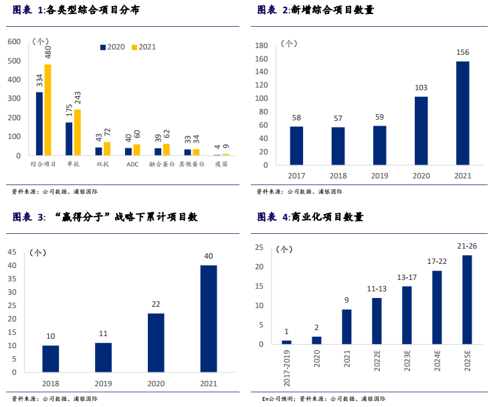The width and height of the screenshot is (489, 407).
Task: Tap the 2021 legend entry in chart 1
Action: point(143,47)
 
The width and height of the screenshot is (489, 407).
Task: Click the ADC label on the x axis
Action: point(132,164)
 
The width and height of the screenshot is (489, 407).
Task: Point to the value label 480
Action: point(47,53)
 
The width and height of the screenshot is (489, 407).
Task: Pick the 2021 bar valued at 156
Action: point(462,113)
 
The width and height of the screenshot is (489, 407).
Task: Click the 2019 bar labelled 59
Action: point(379,145)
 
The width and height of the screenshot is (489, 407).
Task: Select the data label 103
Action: point(421,88)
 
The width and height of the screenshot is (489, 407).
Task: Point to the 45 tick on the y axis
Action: point(11,252)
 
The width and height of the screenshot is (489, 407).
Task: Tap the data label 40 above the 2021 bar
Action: point(209,256)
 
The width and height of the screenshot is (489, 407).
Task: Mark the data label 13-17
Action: point(407,277)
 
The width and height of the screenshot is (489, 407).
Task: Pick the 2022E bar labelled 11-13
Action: point(377,321)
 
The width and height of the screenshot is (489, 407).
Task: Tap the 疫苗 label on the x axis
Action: point(221,164)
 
